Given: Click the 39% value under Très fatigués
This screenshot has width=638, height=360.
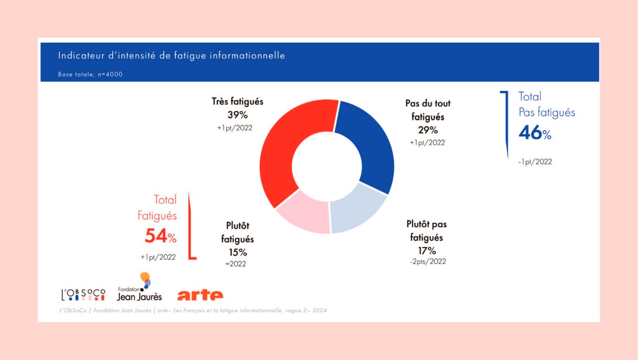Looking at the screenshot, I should pos(238,115).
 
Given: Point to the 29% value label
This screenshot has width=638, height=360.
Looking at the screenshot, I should pos(428,130).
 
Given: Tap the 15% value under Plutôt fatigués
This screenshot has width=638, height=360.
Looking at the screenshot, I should pos(238,252).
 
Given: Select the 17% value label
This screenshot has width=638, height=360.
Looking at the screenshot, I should pos(427,251).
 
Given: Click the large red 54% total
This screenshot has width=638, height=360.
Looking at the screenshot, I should pos(160,236).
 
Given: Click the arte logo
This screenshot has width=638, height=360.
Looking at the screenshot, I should pos(200,295).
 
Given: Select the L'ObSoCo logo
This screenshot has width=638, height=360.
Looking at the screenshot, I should pos(83,294).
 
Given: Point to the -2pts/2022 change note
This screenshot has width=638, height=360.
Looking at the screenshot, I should pos(428,262).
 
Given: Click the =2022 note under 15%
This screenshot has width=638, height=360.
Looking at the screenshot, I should pos(236,264).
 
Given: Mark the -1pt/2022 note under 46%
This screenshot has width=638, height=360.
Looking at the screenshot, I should pos(535,162).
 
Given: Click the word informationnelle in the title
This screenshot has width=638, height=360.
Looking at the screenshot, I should pos(247,55).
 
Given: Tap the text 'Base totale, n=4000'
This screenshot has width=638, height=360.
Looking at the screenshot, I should pos(90,74).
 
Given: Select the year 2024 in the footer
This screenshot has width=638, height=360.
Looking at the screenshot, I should pos(319,310).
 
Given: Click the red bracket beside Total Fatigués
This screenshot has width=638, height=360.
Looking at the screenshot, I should pos(190,228).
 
